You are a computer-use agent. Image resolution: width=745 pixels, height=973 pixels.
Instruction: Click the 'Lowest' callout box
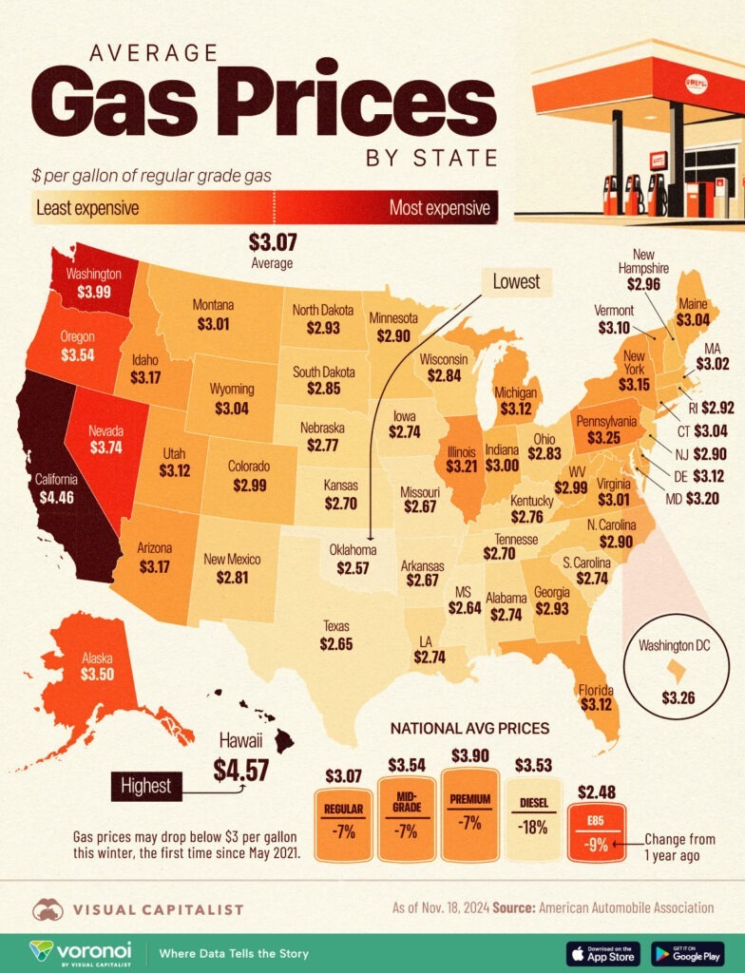click(517, 280)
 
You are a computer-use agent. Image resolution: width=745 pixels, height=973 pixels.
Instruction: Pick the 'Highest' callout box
click(145, 785)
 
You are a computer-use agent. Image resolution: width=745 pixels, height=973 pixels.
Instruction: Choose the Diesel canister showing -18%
click(531, 817)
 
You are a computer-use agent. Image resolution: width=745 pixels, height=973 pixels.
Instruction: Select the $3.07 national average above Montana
click(272, 243)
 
